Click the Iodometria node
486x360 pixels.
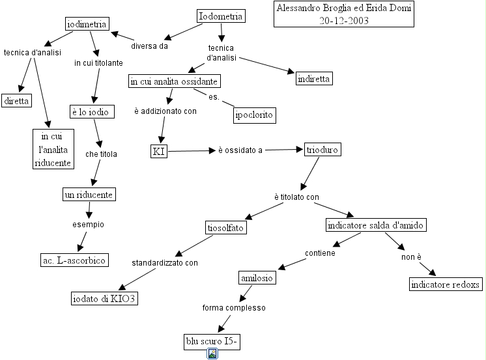220,16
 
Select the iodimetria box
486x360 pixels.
87,23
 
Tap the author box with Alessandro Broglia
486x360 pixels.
344,14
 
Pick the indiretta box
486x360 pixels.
314,79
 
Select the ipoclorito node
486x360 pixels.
255,116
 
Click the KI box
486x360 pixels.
159,151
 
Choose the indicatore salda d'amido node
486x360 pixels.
376,225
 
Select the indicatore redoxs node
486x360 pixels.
446,284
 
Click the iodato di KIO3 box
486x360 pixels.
105,299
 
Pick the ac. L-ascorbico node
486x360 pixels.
74,260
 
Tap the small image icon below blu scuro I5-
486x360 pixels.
212,353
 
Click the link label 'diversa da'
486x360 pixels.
149,46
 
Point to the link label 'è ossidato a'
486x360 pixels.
240,150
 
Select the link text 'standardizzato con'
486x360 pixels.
165,263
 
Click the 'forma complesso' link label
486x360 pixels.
234,307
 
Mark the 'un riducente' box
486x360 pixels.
89,194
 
